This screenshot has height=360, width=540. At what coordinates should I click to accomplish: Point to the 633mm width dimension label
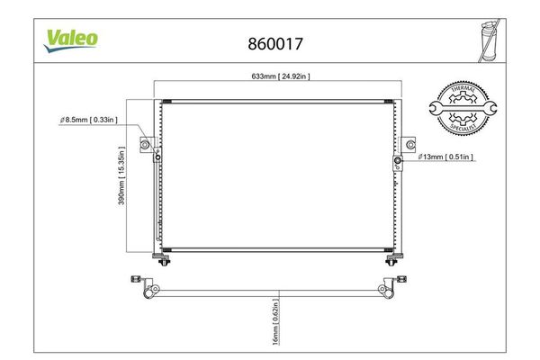click(x=278, y=76)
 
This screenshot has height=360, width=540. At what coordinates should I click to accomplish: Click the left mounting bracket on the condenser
click(x=145, y=144)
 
